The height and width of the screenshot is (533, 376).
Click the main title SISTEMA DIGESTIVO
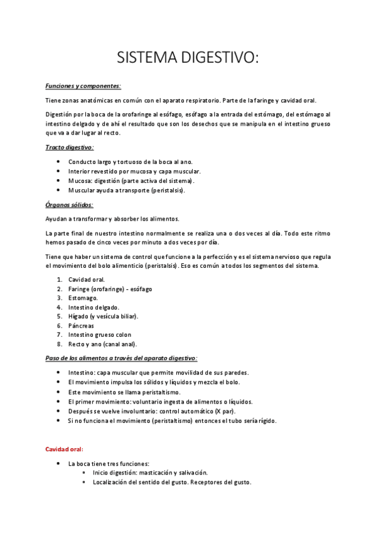click(x=188, y=58)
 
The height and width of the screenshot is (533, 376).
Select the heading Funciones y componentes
click(x=83, y=85)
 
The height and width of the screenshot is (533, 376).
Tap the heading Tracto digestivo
click(x=70, y=147)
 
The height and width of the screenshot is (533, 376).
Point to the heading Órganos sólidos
click(x=70, y=204)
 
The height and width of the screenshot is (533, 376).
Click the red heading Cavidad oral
click(x=65, y=449)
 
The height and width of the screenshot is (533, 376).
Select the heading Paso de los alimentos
click(x=121, y=358)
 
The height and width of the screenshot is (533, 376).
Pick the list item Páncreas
click(x=81, y=326)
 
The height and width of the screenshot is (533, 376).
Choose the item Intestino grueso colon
click(x=100, y=335)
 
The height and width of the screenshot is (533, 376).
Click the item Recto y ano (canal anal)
click(x=102, y=344)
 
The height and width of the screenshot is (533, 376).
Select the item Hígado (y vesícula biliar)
click(x=103, y=316)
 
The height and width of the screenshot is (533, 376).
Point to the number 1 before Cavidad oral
click(x=58, y=279)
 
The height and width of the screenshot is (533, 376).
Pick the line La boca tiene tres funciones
click(x=109, y=463)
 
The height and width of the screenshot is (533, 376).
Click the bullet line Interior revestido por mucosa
click(x=134, y=171)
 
